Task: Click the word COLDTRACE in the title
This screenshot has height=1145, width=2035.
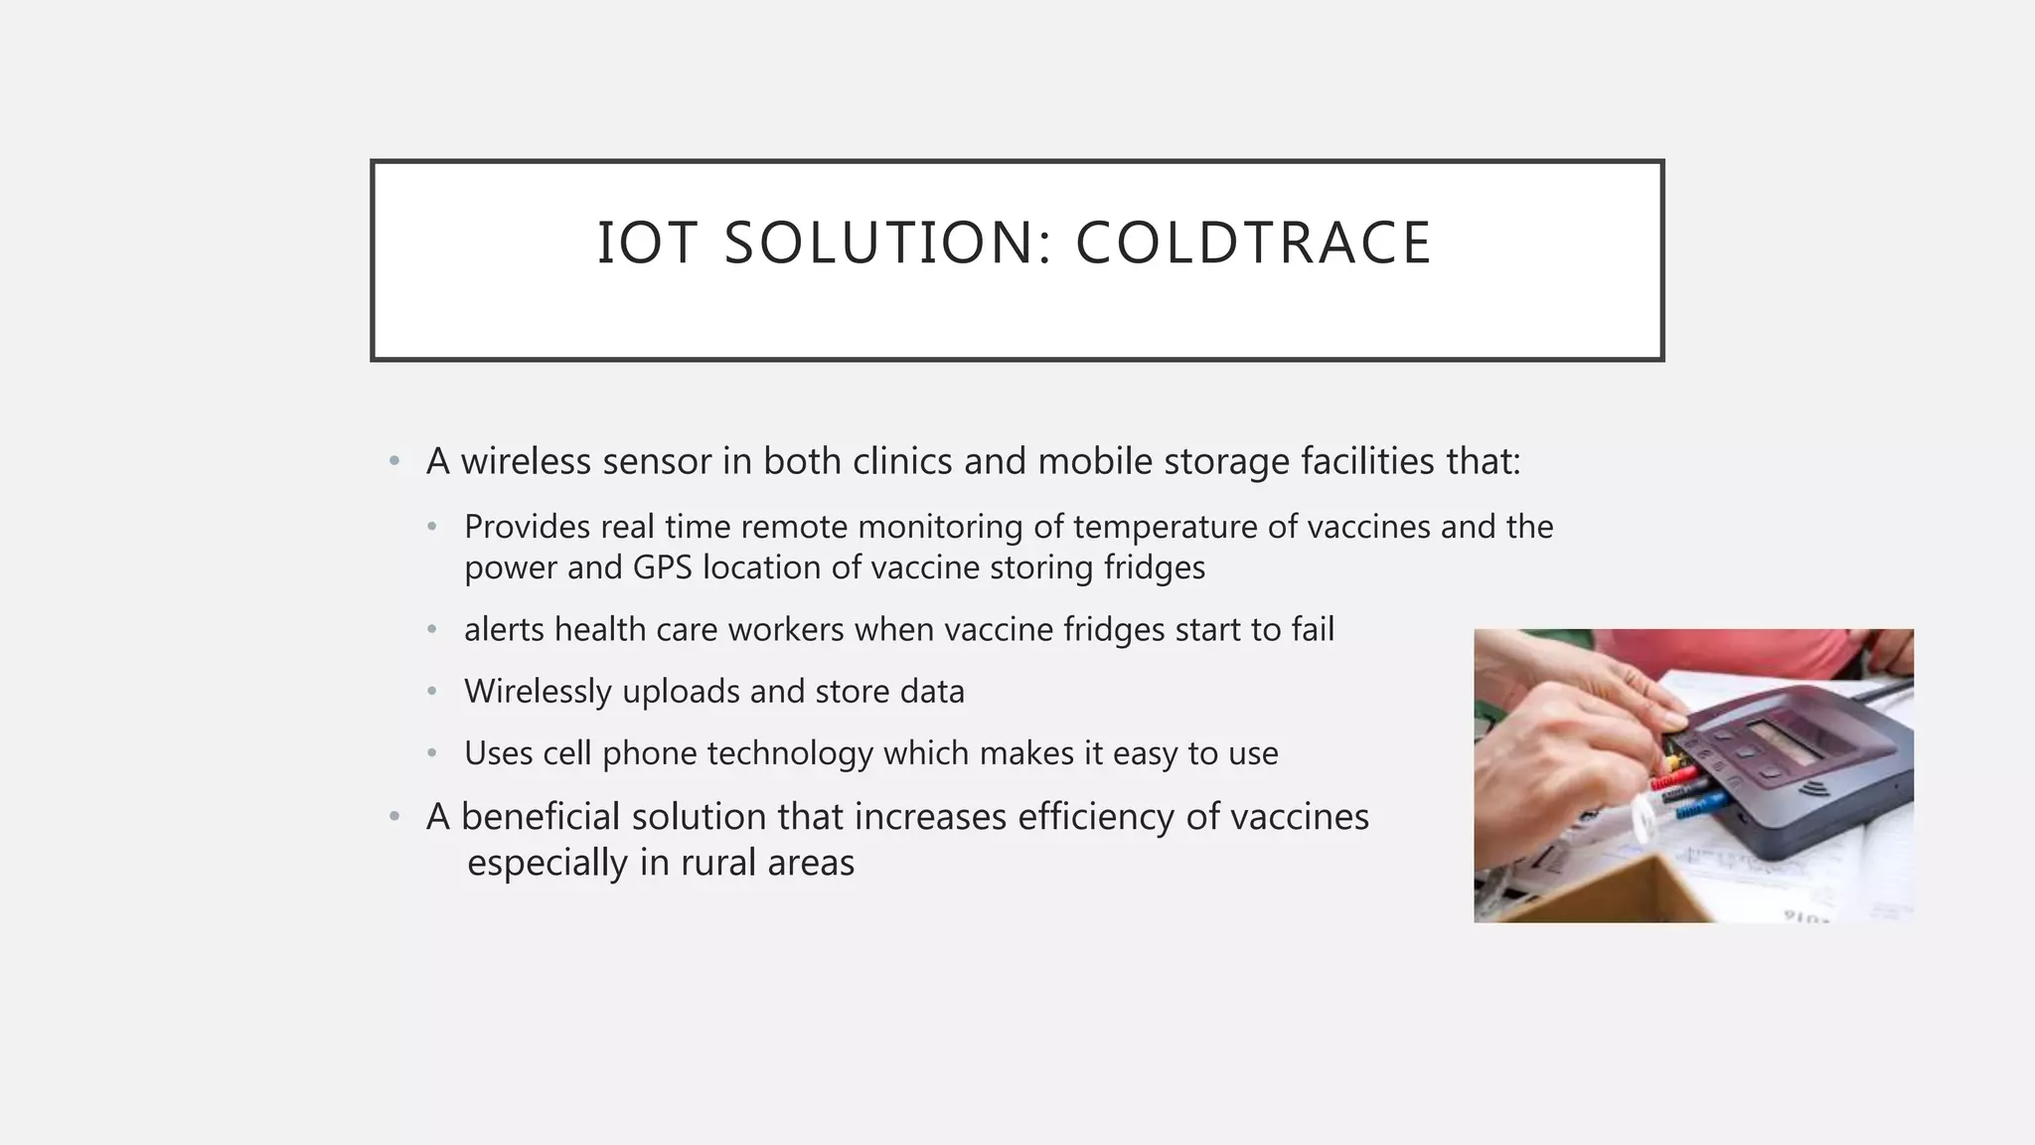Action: coord(1253,244)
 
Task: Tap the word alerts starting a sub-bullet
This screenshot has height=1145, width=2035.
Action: coord(505,630)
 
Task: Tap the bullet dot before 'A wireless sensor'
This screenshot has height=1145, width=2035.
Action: coord(394,461)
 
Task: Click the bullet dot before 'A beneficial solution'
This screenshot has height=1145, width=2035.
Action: coord(394,817)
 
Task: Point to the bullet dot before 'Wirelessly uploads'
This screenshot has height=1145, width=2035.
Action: coord(432,691)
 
